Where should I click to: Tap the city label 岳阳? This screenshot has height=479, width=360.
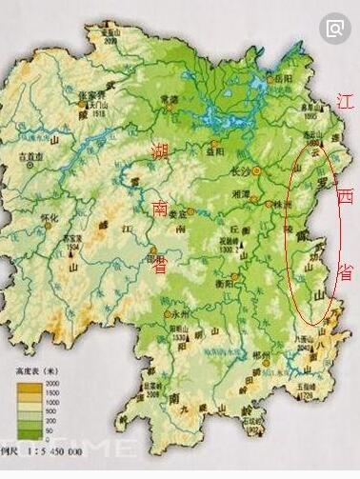(284, 80)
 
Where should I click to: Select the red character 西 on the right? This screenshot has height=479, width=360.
(346, 197)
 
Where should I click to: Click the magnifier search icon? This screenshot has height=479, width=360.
(337, 28)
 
